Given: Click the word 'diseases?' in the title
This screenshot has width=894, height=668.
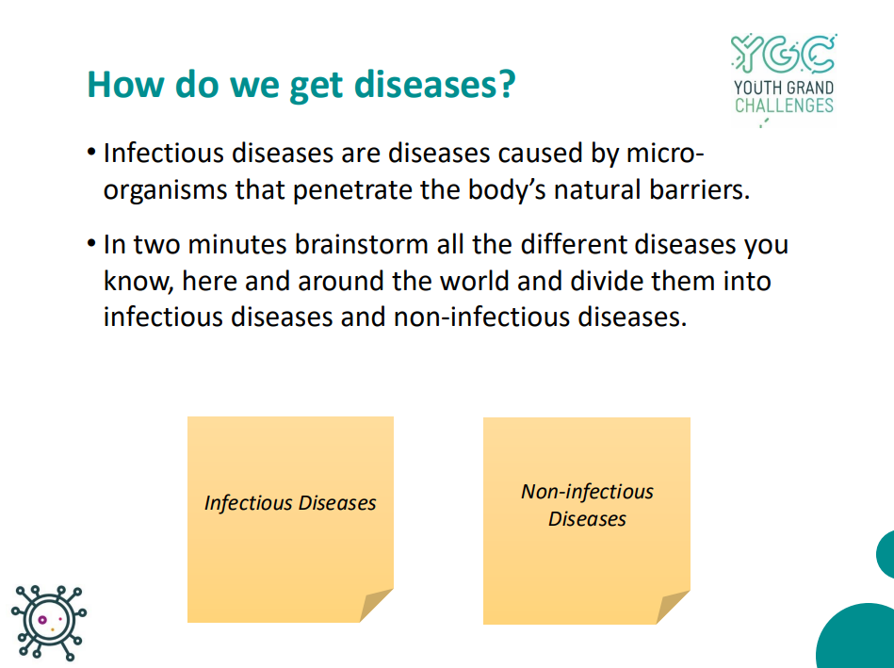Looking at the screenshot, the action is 434,85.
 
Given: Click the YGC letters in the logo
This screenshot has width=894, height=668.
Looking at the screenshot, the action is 784,55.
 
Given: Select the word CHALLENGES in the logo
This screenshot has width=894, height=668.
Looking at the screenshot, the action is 784,106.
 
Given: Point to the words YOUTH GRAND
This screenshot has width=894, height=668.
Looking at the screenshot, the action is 784,88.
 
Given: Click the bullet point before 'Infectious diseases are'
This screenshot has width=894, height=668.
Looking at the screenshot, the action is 91,153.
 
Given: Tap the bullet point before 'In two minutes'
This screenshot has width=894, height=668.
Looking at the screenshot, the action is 91,244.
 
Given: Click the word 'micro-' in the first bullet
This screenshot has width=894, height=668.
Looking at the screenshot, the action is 665,153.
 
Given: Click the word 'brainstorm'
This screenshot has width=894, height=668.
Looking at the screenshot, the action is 362,244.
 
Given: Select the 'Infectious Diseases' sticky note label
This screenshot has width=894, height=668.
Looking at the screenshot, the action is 290,502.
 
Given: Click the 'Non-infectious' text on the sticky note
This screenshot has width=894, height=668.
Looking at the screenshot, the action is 587,491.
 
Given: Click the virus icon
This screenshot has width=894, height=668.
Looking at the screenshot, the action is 49,623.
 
